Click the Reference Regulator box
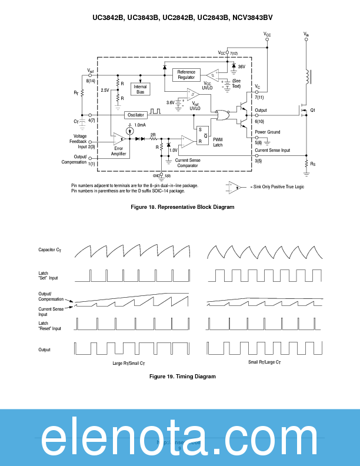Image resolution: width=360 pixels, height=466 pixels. coord(186,75)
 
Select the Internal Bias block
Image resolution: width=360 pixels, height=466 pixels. coord(141,89)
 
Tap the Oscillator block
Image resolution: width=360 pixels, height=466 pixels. coord(135,114)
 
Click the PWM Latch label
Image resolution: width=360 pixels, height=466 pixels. coord(218,142)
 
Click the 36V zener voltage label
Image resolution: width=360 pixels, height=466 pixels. coord(241,67)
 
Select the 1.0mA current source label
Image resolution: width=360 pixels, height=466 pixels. coord(140,125)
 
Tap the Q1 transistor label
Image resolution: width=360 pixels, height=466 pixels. coord(313,111)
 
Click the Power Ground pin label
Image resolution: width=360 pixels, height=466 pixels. coord(268,132)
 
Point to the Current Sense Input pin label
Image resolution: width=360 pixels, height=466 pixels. coord(272,150)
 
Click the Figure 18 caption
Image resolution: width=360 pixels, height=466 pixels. coord(182,207)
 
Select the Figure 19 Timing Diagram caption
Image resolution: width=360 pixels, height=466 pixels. coord(182,376)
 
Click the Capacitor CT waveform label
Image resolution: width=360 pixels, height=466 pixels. coord(49,251)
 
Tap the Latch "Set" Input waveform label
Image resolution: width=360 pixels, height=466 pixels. coord(49,275)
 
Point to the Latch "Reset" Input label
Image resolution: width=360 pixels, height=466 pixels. coord(50,325)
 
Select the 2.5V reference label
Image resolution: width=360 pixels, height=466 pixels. coord(105,90)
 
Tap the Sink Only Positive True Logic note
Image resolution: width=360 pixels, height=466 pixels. coord(276,187)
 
